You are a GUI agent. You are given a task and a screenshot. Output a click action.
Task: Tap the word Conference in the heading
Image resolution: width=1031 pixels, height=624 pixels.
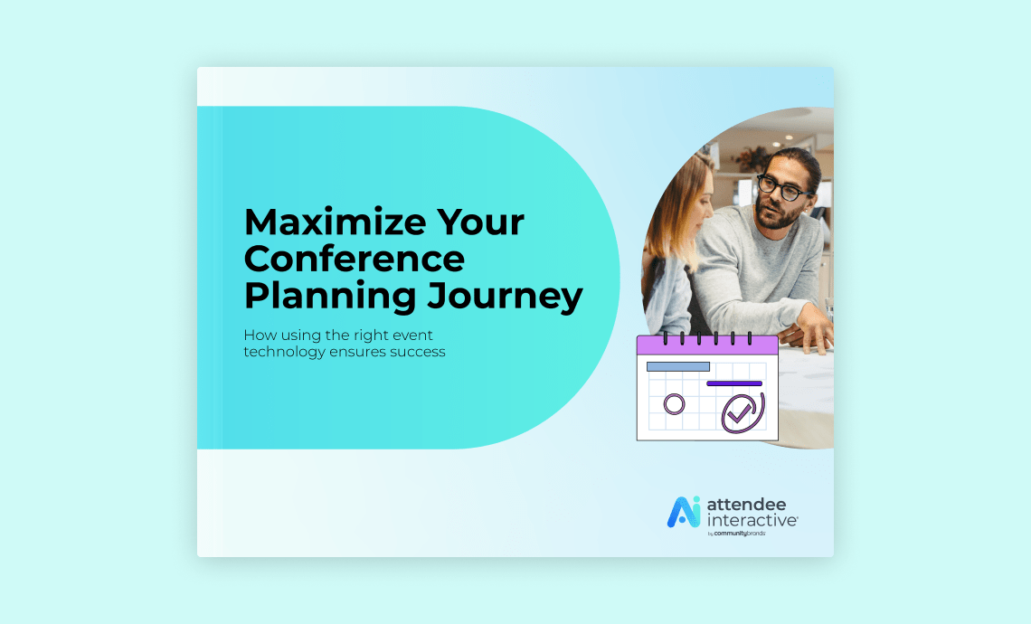(355, 260)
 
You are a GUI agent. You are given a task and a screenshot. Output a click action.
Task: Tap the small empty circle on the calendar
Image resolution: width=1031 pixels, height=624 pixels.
(674, 403)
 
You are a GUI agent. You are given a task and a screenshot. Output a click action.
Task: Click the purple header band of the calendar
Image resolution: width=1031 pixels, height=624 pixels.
(707, 345)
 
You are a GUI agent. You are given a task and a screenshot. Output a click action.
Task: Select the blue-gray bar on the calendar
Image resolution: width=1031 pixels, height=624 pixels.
(677, 366)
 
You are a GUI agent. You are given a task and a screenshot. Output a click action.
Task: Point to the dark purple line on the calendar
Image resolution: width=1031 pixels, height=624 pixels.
(733, 383)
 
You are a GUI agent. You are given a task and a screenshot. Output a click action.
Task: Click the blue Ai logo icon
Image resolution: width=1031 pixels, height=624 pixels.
(684, 512)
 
